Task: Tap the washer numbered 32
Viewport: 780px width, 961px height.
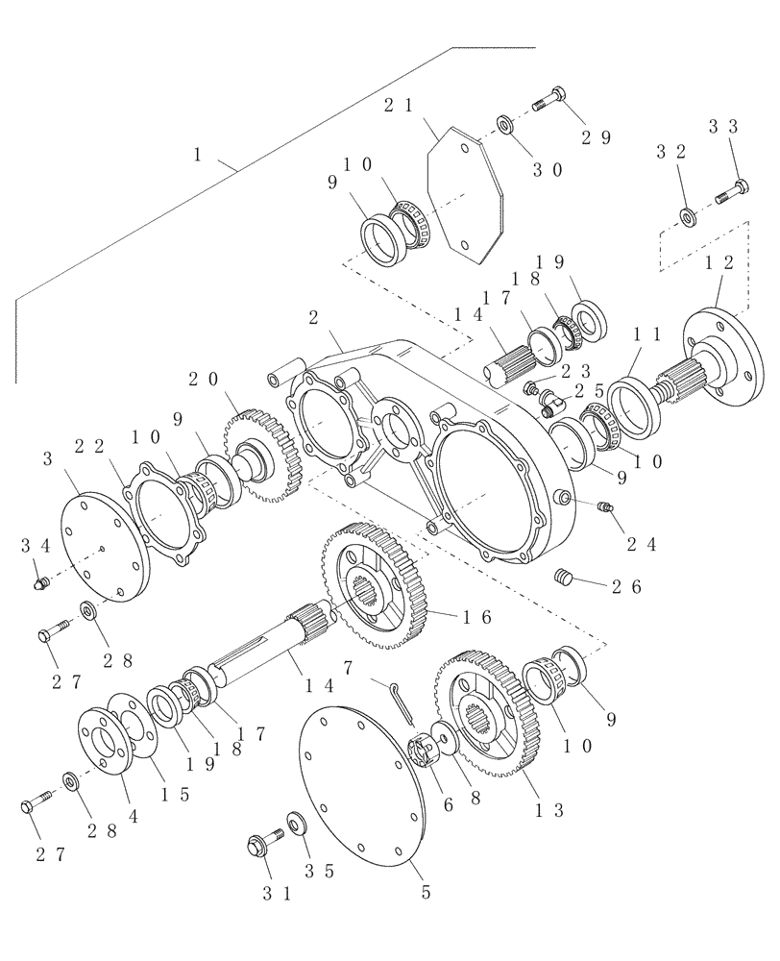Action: click(689, 215)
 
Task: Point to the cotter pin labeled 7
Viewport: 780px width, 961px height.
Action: click(403, 698)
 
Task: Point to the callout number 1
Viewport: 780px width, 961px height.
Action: click(198, 154)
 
